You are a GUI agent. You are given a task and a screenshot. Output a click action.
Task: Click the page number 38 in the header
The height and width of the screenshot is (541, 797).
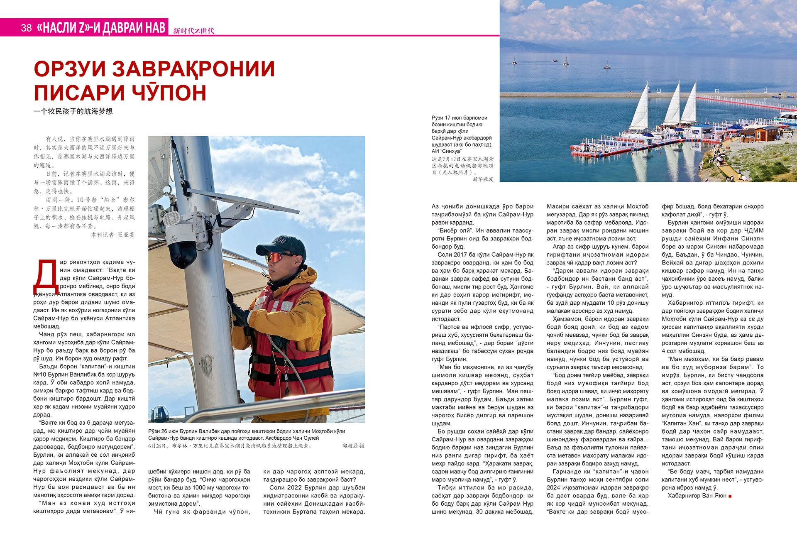point(26,28)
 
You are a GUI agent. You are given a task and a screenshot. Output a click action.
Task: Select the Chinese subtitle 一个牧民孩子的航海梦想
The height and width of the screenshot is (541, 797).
point(73,111)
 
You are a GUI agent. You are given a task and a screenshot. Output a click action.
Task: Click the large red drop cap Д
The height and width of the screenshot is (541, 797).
point(46,276)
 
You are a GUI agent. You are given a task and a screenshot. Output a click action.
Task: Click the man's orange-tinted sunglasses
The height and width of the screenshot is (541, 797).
point(277,257)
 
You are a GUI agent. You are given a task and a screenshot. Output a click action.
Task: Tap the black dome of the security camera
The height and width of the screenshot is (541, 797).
point(181,254)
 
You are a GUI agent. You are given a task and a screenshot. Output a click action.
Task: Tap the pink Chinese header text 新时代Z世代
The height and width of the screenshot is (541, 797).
point(193,31)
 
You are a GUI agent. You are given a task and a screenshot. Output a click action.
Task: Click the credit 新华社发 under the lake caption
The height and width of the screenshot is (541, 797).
point(483,179)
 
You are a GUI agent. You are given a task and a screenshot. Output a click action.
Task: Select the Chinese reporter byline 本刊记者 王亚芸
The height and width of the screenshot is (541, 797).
point(113,235)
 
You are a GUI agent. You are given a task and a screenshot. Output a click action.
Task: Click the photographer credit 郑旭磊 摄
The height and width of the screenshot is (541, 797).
point(353,446)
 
